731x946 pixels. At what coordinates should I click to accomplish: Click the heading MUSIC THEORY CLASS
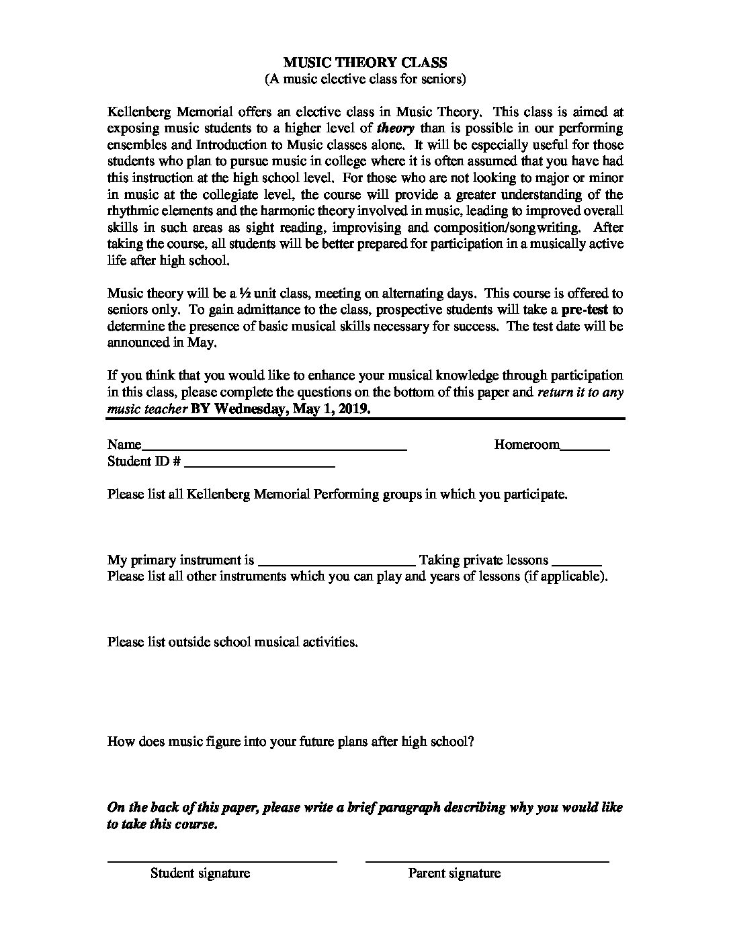[x=365, y=62]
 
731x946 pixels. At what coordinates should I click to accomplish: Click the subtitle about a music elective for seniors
[x=365, y=79]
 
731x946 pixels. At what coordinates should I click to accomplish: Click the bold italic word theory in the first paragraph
[x=396, y=128]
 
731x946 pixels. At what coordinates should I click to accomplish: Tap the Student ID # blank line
[x=259, y=464]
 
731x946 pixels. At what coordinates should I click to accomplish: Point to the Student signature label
[x=200, y=873]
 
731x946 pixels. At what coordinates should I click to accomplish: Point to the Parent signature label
[x=454, y=873]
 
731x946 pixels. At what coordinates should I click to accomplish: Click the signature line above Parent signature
[x=487, y=861]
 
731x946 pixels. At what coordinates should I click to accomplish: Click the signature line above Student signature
[x=222, y=861]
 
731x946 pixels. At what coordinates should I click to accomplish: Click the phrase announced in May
[x=162, y=343]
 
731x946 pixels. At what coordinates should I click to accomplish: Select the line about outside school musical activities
[x=232, y=642]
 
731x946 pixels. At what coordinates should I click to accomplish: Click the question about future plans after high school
[x=291, y=742]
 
